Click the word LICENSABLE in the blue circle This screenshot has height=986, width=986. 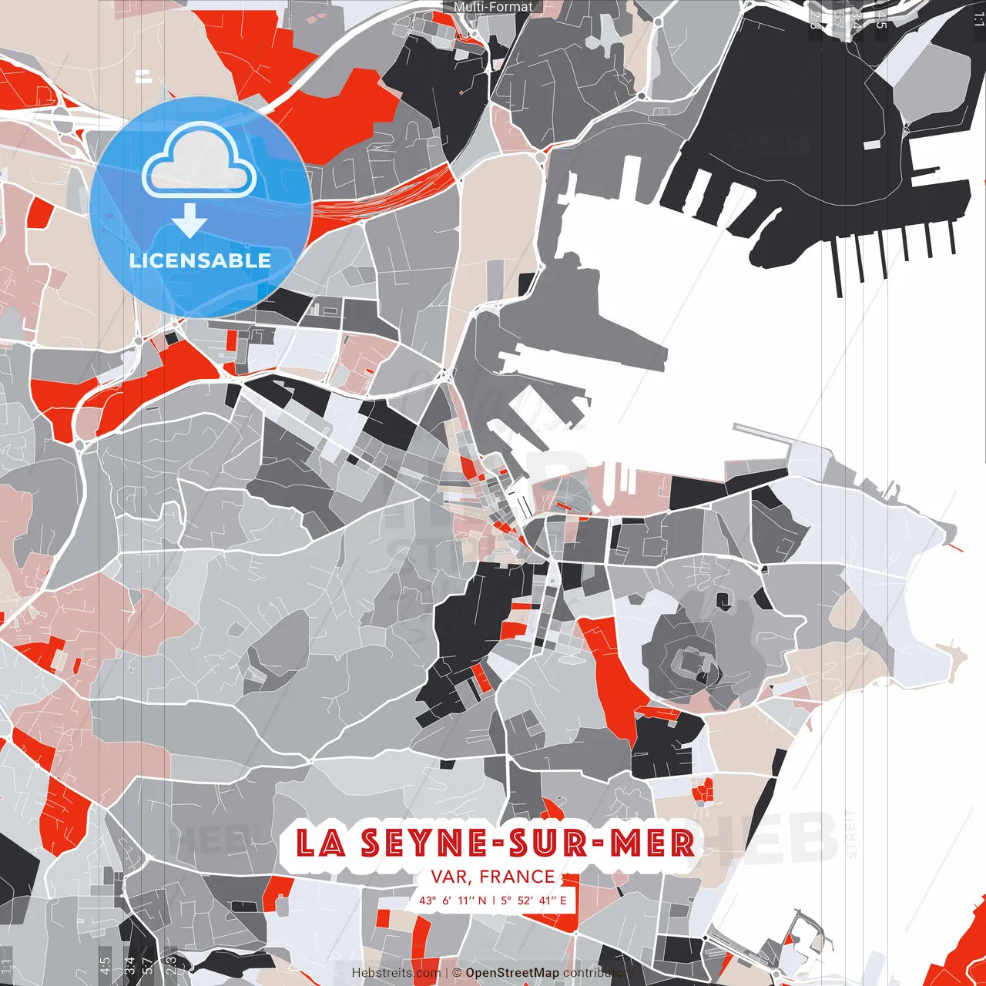click(200, 260)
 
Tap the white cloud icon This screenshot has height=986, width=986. click(200, 163)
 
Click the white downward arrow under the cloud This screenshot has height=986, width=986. click(189, 220)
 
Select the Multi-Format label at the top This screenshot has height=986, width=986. click(493, 7)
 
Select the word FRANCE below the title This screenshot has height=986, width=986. click(517, 877)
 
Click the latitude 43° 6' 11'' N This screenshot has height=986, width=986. click(453, 900)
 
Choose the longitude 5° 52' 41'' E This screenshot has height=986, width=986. click(532, 900)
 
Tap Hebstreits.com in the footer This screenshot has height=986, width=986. click(397, 973)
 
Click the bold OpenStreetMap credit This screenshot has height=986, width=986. click(512, 973)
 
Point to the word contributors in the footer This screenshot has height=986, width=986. click(598, 973)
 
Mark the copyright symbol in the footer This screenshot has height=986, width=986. click(457, 973)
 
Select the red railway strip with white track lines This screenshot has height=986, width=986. click(401, 193)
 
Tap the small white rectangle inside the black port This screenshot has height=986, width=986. click(871, 145)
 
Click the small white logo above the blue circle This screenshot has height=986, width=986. click(143, 75)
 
